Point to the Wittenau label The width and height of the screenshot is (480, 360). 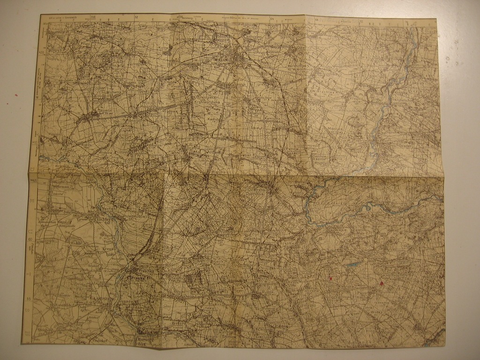pos(61,186)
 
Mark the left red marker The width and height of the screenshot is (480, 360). pos(331,278)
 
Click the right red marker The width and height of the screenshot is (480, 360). pos(381,283)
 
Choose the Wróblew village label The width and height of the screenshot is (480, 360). pos(106,152)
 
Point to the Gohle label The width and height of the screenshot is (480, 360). pos(76,243)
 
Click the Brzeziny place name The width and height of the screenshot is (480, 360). pos(179,323)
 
